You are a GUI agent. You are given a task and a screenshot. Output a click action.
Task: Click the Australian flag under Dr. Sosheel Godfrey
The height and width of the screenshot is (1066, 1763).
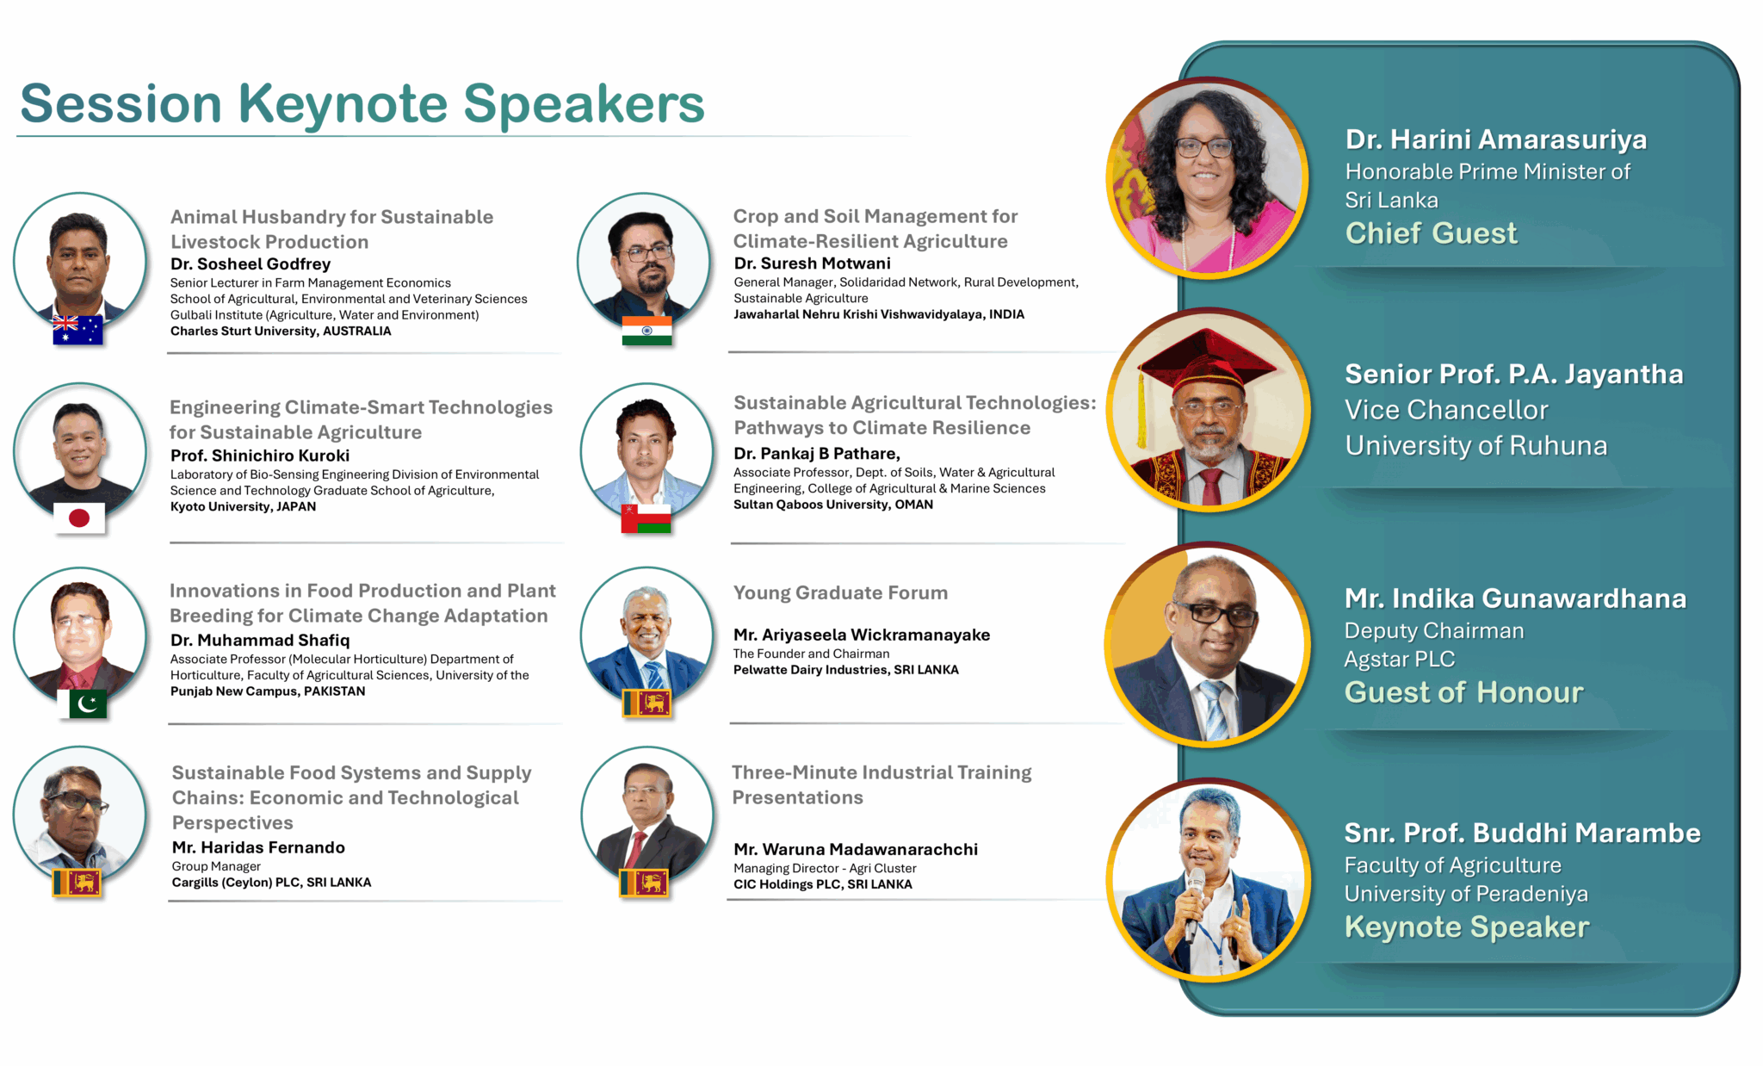(x=77, y=331)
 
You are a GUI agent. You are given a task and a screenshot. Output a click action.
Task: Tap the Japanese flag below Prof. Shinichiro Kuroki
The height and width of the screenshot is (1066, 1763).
(x=79, y=518)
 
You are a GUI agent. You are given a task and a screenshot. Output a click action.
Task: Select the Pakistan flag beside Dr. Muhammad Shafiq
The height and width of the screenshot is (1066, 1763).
(x=82, y=703)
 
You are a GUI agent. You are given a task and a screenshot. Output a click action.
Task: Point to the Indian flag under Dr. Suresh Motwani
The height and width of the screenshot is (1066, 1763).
(x=646, y=331)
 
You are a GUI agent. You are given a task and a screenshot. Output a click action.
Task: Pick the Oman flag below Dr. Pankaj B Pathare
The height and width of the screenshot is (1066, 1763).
(x=646, y=518)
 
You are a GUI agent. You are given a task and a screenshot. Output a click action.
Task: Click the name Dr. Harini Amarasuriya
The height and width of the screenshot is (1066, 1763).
(x=1496, y=139)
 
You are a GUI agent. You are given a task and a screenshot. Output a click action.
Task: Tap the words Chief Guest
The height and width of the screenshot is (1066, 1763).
(x=1431, y=233)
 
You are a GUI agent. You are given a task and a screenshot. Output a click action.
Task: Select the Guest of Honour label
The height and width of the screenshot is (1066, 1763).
(x=1463, y=692)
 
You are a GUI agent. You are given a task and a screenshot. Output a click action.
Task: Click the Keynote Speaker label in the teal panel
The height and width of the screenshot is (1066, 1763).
(x=1467, y=927)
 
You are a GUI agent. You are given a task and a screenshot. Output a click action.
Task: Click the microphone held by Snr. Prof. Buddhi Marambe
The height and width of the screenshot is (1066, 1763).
(x=1195, y=900)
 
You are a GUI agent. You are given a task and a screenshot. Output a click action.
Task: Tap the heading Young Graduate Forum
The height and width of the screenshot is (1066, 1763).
(x=840, y=593)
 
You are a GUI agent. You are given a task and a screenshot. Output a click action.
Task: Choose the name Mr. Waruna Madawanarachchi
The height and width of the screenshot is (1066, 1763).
(x=856, y=850)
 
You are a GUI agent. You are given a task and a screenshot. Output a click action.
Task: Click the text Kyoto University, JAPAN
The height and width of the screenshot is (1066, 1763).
(x=243, y=507)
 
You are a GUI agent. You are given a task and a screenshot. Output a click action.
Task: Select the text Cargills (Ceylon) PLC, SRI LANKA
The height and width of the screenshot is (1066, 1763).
(x=271, y=883)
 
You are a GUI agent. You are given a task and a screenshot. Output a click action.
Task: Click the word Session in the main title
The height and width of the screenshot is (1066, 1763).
(x=121, y=104)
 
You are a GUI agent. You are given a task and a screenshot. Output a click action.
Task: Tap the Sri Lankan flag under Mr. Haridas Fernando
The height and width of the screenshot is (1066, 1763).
(x=77, y=883)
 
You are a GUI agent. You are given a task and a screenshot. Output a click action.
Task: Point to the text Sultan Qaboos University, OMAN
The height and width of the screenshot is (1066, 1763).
(x=833, y=505)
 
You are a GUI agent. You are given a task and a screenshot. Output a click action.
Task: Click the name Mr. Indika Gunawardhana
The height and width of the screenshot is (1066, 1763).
(x=1515, y=598)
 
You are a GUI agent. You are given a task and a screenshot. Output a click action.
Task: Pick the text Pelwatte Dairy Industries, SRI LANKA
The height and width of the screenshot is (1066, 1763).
(x=845, y=670)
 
